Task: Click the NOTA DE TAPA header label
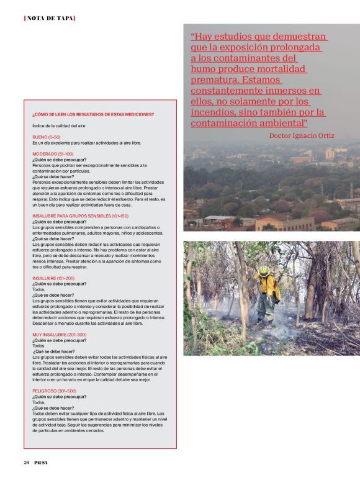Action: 49,18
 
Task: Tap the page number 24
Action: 27,462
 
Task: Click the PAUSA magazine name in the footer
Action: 41,462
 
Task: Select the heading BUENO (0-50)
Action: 47,137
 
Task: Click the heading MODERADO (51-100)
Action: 53,153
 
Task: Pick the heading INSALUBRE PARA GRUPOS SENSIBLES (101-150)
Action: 80,215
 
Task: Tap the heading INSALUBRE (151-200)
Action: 53,278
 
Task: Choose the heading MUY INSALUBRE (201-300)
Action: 60,334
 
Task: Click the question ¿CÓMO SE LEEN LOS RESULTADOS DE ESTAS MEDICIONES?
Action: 93,114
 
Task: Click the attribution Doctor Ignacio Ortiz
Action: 302,135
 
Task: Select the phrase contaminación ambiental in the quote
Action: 249,123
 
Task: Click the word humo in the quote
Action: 206,69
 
